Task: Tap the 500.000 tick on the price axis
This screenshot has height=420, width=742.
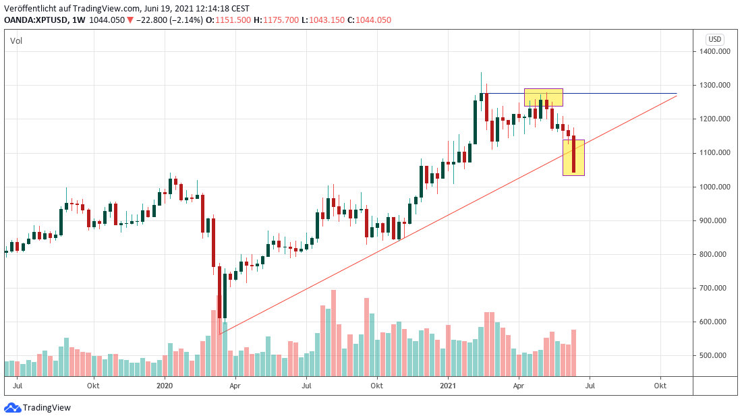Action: point(714,355)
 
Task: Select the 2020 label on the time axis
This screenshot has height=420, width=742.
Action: point(165,386)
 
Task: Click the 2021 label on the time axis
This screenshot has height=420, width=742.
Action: point(449,386)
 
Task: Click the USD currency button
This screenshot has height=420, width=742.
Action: point(714,39)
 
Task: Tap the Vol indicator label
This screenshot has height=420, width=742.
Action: point(16,41)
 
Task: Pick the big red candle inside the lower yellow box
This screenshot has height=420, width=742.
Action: point(573,155)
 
